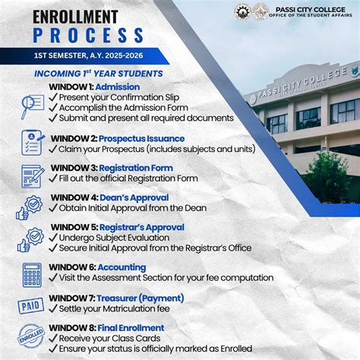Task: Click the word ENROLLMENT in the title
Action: [x=65, y=16]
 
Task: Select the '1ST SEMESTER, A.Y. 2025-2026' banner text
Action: [x=84, y=57]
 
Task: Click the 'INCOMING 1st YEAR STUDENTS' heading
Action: [x=99, y=74]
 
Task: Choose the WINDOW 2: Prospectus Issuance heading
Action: [x=117, y=138]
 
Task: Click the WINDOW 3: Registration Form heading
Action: [x=112, y=168]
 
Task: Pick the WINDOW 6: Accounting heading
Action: [x=98, y=267]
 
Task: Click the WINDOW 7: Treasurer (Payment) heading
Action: [x=117, y=298]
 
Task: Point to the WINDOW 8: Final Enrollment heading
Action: [x=106, y=328]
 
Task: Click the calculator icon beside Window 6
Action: [x=32, y=273]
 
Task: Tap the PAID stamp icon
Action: [x=31, y=306]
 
